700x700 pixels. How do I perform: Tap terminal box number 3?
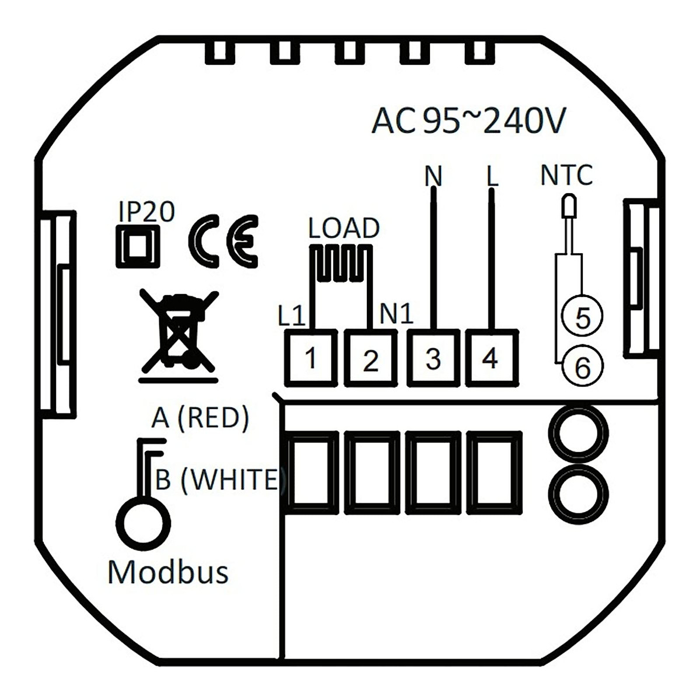tap(432, 358)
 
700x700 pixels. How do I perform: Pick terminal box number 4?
tap(492, 357)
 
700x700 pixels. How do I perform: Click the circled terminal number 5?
tap(582, 317)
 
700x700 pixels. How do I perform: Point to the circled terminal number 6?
tap(582, 366)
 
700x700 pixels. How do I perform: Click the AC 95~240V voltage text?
tap(468, 122)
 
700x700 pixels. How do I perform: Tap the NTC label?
tap(566, 175)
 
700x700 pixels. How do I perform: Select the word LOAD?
tap(344, 228)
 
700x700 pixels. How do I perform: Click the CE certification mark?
tap(223, 242)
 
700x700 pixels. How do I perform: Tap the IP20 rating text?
tap(146, 212)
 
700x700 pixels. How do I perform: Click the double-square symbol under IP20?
tap(138, 247)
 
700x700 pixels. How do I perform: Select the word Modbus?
tap(168, 572)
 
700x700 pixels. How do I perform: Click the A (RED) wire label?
tap(200, 418)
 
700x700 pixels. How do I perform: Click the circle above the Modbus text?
tap(144, 520)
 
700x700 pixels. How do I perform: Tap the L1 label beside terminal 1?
tap(292, 317)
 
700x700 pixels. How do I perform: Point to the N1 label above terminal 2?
tap(396, 314)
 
